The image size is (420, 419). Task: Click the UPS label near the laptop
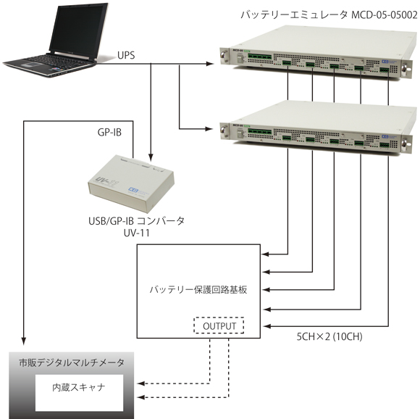pyautogui.click(x=126, y=56)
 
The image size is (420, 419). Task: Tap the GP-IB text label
pyautogui.click(x=109, y=132)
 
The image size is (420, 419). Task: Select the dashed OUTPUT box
pyautogui.click(x=219, y=325)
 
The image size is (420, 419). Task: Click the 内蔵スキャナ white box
pyautogui.click(x=79, y=393)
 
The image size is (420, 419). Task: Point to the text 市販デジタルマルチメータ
pyautogui.click(x=72, y=362)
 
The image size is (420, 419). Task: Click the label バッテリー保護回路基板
pyautogui.click(x=198, y=290)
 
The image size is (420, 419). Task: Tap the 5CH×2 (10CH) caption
pyautogui.click(x=329, y=336)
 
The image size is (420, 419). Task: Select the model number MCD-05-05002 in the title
pyautogui.click(x=384, y=15)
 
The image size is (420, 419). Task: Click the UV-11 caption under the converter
pyautogui.click(x=136, y=233)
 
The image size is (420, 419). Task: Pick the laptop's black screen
pyautogui.click(x=78, y=29)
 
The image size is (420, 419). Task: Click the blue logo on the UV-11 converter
pyautogui.click(x=133, y=190)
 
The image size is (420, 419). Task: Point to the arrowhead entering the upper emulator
pyautogui.click(x=209, y=64)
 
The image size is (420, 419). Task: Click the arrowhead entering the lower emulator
pyautogui.click(x=209, y=129)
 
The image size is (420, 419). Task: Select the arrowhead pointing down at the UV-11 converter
pyautogui.click(x=151, y=157)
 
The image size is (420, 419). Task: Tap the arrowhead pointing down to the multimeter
pyautogui.click(x=24, y=341)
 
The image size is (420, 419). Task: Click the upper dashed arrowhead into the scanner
pyautogui.click(x=141, y=383)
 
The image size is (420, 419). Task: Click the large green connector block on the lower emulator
pyautogui.click(x=259, y=131)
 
